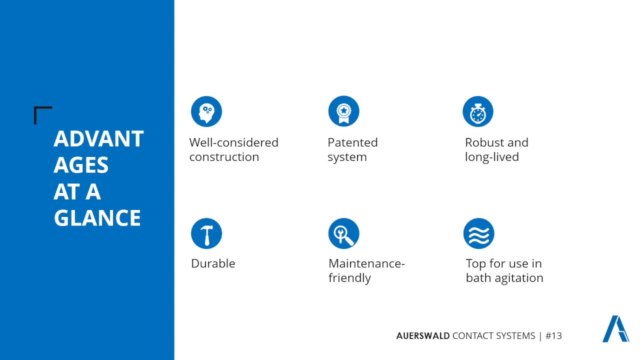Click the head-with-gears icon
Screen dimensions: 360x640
(x=206, y=111)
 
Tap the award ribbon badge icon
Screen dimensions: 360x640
(x=343, y=111)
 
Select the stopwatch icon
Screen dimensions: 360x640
(x=478, y=111)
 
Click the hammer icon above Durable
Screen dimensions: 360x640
(x=206, y=233)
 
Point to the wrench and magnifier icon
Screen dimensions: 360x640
(x=343, y=233)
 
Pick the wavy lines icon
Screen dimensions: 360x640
(x=478, y=233)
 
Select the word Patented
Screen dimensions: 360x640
(x=352, y=142)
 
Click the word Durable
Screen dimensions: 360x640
(x=213, y=263)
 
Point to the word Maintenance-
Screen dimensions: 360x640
(x=366, y=263)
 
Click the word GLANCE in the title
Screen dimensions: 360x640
(x=97, y=218)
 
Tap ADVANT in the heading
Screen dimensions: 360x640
(x=98, y=139)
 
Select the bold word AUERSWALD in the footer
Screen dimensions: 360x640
(x=422, y=336)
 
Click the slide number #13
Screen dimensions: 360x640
(x=553, y=336)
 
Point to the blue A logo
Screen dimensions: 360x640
(x=615, y=329)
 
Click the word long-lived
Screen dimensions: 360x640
(x=491, y=157)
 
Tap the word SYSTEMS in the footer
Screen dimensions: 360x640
(x=515, y=336)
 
